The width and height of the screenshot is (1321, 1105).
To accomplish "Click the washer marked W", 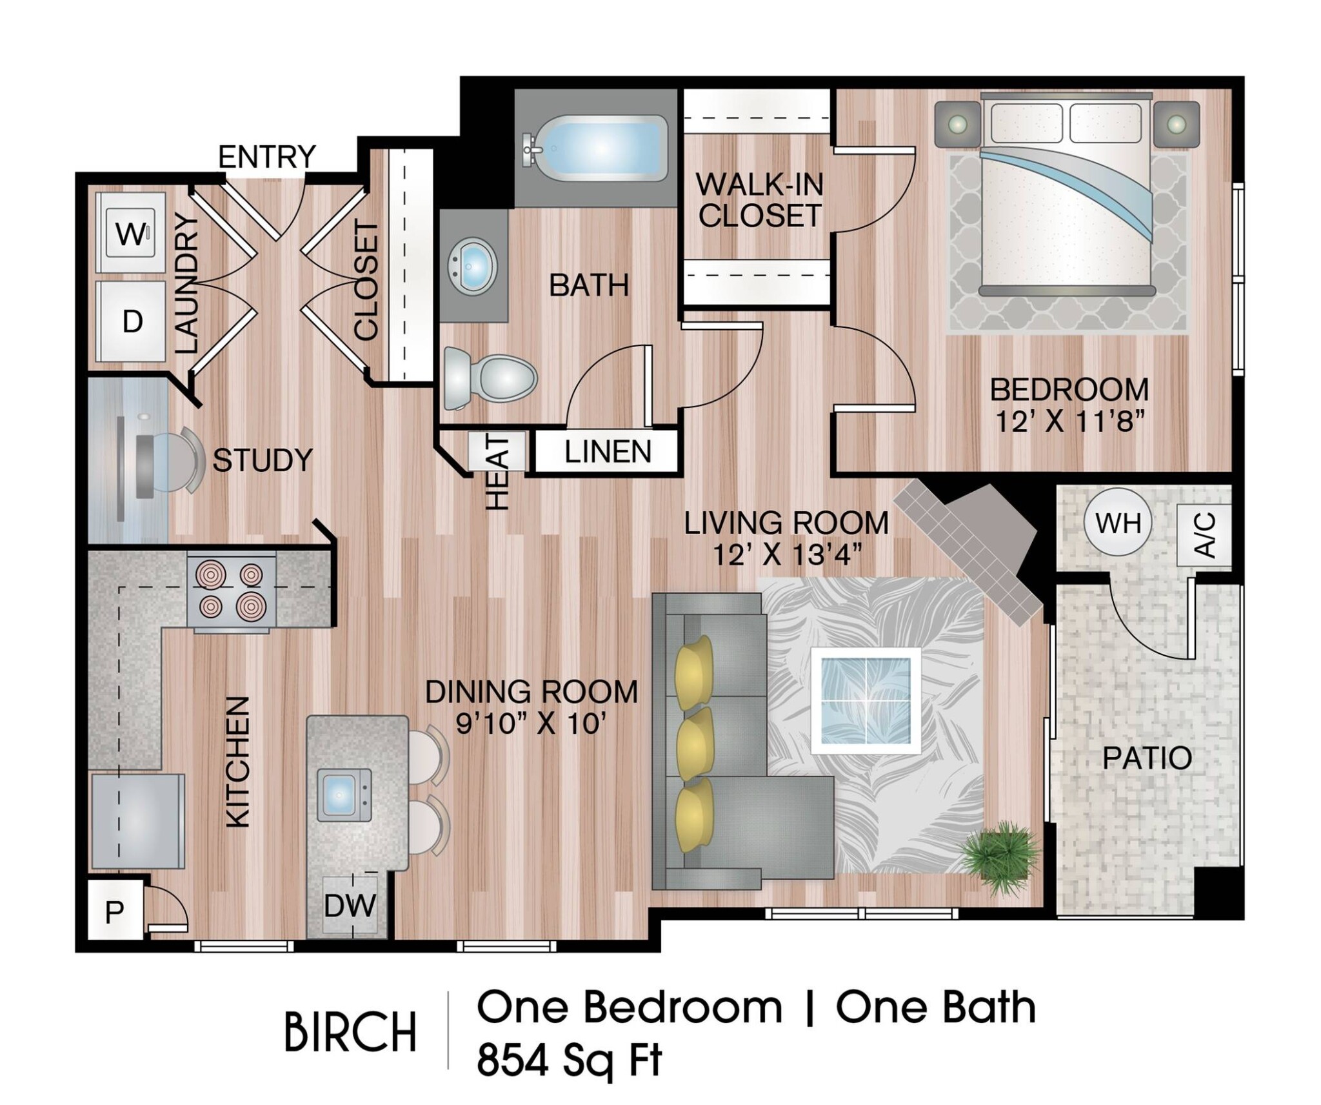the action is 130,232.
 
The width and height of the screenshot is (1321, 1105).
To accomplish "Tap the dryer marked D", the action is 130,321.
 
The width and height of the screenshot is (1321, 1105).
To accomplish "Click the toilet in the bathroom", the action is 490,378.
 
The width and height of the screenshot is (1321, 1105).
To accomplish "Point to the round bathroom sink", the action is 473,266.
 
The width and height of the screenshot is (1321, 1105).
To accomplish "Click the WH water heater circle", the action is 1118,523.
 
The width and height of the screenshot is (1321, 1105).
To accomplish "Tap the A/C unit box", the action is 1204,535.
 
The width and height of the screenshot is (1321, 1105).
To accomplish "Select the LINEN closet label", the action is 608,452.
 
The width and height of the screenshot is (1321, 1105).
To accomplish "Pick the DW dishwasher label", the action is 350,906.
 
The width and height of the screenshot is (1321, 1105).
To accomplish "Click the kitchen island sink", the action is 344,795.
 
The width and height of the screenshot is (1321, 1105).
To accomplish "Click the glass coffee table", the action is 866,700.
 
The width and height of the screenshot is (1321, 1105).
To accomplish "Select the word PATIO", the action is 1147,758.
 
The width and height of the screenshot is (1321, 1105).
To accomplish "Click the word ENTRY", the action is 266,157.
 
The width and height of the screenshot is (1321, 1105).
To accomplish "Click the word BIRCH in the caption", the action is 350,1032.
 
